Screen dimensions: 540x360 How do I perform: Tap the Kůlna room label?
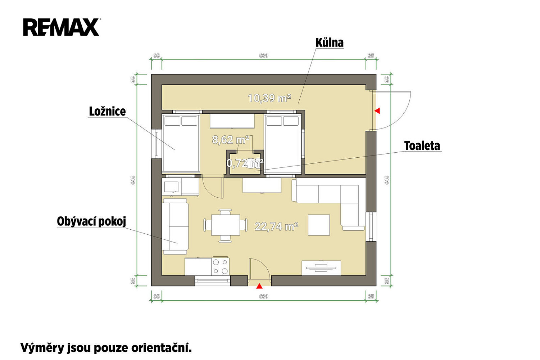coord(330,43)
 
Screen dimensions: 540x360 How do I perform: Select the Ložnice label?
coord(107,112)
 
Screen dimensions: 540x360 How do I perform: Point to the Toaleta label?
coord(422,146)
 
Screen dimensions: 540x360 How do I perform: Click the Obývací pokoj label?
coord(91,221)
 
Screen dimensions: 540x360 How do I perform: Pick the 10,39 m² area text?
coord(269,98)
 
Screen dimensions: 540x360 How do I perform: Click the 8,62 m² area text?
coord(231,140)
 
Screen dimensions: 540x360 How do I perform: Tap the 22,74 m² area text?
coord(277,226)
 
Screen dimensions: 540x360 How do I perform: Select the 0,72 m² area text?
coord(245,163)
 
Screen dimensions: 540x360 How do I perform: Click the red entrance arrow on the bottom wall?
coord(259,286)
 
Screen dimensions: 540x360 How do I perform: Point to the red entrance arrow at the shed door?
coord(377,111)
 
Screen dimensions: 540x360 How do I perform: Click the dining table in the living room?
coord(226,225)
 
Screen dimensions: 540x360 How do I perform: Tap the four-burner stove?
coord(220,267)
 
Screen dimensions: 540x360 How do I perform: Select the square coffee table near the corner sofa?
coord(319,225)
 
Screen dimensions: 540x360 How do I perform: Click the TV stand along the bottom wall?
coord(321,268)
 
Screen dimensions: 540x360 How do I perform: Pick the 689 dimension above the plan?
coord(264,56)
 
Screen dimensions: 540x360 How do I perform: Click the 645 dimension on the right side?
coord(387,180)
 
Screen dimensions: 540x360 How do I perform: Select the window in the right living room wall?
coord(371,226)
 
